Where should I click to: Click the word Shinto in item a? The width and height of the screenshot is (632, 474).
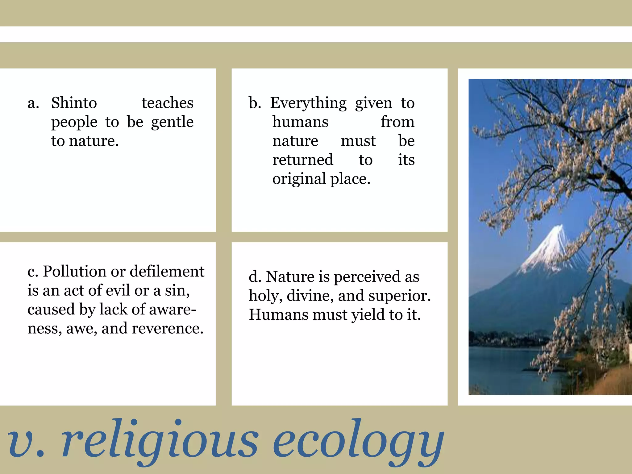[74, 103]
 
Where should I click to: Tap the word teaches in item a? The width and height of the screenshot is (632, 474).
[167, 103]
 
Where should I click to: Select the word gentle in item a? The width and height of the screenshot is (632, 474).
[172, 122]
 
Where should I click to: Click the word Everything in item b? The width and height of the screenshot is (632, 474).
[308, 103]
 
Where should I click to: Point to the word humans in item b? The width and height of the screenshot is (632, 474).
[300, 122]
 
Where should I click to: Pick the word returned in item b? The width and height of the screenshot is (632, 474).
[303, 160]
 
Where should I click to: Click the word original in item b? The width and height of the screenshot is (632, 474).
[299, 179]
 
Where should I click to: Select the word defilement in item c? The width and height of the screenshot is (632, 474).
[167, 272]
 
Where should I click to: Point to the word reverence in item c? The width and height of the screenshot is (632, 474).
[168, 328]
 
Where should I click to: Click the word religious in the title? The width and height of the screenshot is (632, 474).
[160, 440]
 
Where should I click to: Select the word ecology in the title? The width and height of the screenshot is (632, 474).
[358, 440]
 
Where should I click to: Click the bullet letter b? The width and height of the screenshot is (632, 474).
[255, 103]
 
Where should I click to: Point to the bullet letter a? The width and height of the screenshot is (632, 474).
[33, 103]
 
